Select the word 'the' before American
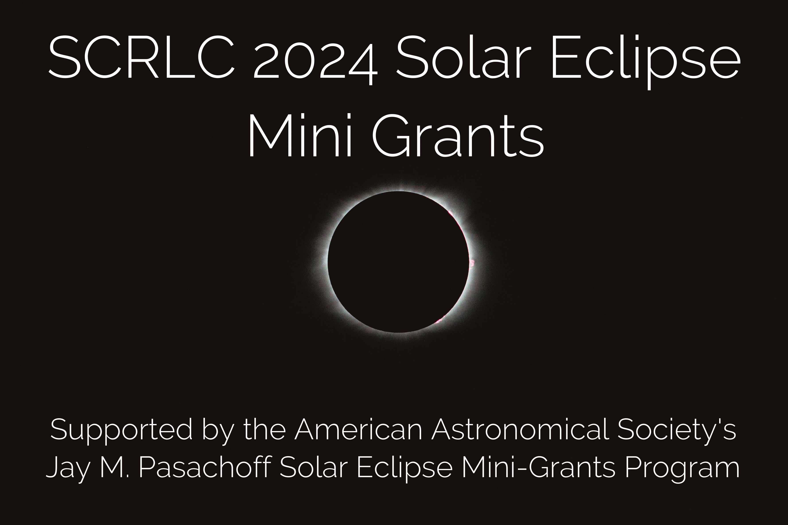tap(265, 429)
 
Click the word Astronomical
tap(520, 429)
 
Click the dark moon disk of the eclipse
tap(398, 262)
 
